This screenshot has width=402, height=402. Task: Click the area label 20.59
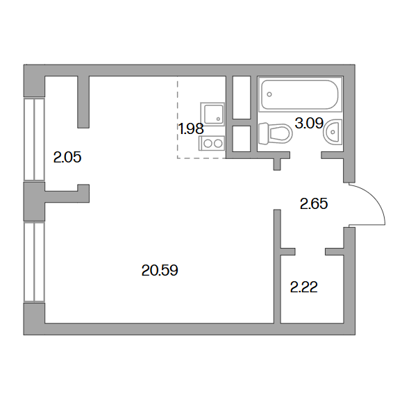[160, 271]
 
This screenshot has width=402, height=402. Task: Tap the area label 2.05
[67, 157]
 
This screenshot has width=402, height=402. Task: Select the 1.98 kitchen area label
[191, 128]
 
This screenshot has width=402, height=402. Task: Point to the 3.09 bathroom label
[309, 123]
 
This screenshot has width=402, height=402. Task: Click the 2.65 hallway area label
[314, 204]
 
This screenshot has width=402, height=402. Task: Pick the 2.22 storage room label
[304, 287]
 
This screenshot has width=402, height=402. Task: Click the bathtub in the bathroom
[300, 94]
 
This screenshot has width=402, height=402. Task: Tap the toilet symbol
[275, 133]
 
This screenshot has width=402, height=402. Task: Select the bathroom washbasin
[333, 132]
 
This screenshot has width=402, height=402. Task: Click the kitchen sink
[212, 114]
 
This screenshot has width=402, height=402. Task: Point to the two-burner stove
[212, 143]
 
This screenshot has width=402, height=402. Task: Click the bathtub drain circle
[269, 94]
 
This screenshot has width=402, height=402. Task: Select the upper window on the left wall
[34, 140]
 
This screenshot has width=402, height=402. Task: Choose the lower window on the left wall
[34, 262]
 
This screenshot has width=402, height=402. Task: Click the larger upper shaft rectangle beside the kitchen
[242, 97]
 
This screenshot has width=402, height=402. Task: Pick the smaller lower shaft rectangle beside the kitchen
[242, 139]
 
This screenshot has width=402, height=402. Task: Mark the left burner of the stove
[208, 143]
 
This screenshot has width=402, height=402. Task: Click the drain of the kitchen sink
[218, 119]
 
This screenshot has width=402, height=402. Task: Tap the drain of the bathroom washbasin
[333, 132]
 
